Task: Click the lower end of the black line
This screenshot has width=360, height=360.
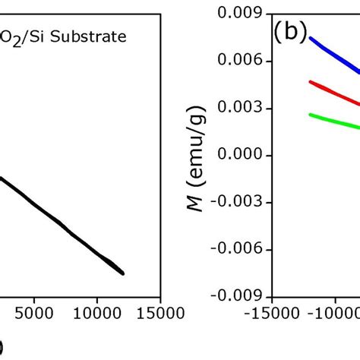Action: point(122,273)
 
